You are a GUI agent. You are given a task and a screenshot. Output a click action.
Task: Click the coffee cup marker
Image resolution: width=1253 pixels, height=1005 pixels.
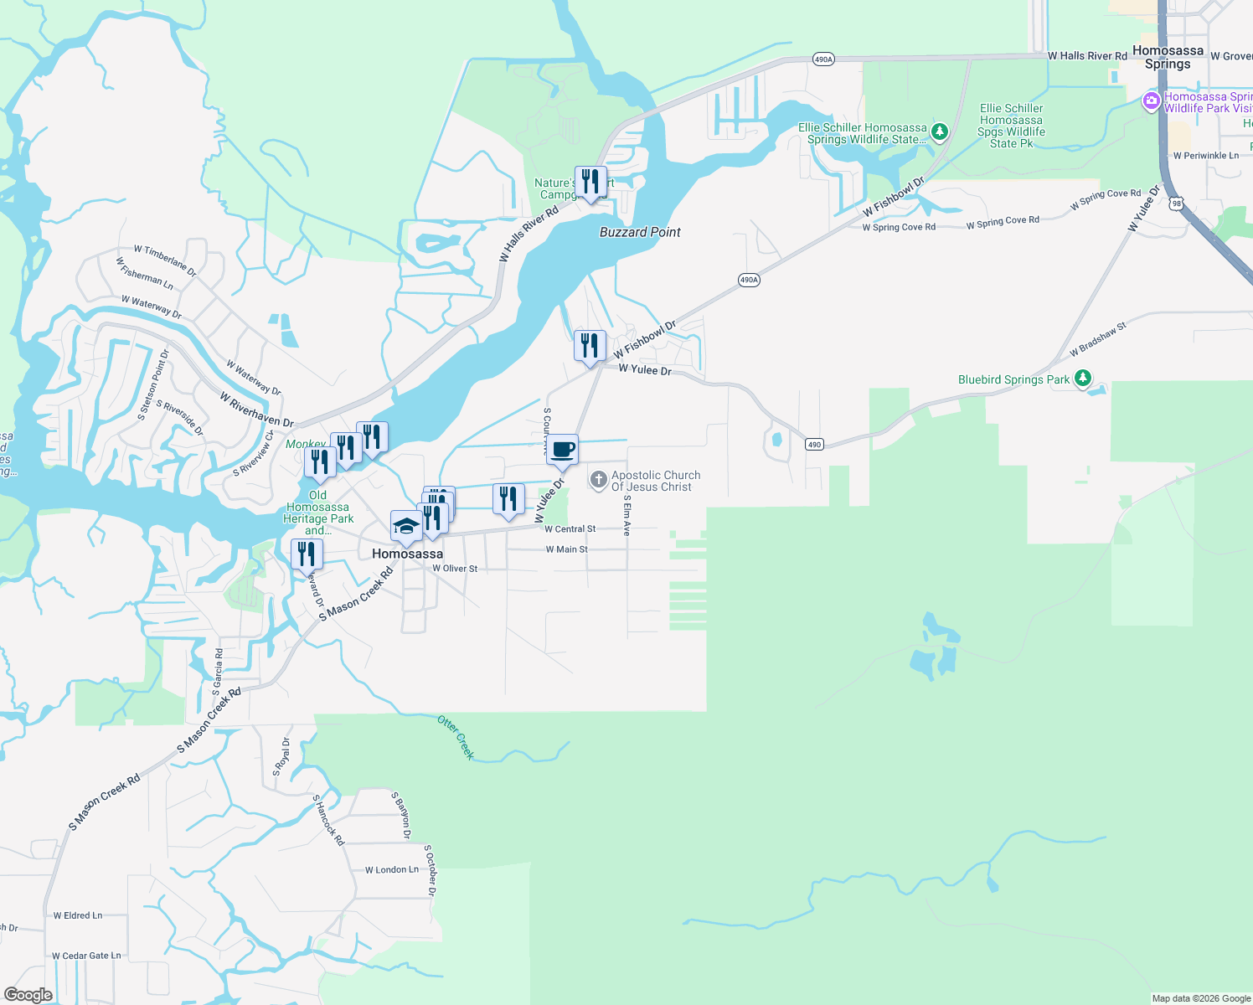(x=563, y=450)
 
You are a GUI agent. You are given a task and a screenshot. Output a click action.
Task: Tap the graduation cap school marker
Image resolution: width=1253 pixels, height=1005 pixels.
(x=406, y=527)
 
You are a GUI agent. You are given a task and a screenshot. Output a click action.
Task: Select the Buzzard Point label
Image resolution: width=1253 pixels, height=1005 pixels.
(x=640, y=232)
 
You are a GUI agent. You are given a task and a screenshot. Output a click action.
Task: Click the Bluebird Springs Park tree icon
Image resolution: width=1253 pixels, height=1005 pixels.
(x=1083, y=379)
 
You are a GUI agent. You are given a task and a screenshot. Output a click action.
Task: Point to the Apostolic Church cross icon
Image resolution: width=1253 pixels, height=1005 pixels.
(x=598, y=479)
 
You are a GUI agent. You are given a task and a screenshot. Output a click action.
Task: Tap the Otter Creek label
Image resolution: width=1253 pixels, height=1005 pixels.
(x=456, y=737)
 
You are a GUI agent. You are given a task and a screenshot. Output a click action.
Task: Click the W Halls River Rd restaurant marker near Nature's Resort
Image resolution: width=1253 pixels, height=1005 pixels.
(x=591, y=182)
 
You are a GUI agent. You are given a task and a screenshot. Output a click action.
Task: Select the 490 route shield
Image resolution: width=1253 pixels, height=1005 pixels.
(x=814, y=445)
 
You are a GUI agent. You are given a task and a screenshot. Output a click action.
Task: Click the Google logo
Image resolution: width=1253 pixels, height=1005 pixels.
(x=28, y=995)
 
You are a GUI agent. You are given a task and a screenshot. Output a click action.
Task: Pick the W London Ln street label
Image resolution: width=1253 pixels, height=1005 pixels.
(x=391, y=870)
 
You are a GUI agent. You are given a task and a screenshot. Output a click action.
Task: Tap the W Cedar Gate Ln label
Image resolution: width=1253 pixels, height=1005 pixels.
(x=86, y=956)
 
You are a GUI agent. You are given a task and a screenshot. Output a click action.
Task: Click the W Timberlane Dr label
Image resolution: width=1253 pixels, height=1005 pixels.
(x=165, y=261)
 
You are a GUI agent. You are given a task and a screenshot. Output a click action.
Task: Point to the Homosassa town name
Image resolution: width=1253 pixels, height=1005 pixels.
(x=407, y=554)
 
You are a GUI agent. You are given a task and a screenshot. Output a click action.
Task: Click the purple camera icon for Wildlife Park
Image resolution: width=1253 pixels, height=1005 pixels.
(x=1152, y=102)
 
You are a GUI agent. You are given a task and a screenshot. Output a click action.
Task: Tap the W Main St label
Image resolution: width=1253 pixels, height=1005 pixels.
(x=566, y=549)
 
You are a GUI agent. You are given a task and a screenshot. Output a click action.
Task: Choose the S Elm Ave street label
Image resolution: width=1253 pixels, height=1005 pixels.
(x=626, y=515)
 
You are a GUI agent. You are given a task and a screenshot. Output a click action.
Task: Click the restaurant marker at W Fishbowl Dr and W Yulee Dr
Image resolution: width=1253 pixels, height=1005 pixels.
(x=590, y=347)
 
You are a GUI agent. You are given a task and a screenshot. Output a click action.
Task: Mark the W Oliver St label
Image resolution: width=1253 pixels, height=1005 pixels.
(x=455, y=569)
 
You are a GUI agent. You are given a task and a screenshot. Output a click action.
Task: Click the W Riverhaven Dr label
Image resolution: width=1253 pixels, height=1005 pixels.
(x=256, y=410)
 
